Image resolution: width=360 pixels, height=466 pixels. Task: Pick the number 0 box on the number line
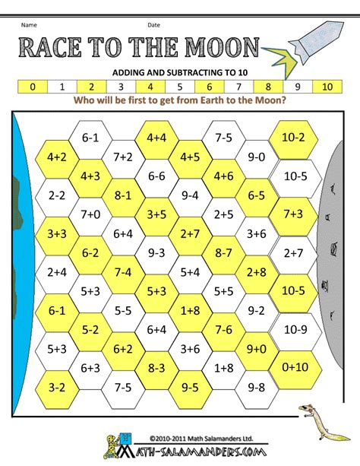(31, 87)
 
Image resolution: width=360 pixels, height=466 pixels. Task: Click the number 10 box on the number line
(329, 87)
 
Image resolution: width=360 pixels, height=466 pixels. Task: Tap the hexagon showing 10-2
(292, 138)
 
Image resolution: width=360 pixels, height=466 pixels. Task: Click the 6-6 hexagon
(157, 176)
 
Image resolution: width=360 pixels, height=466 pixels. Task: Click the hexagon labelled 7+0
(90, 214)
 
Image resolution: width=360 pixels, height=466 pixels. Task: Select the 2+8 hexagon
(257, 271)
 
